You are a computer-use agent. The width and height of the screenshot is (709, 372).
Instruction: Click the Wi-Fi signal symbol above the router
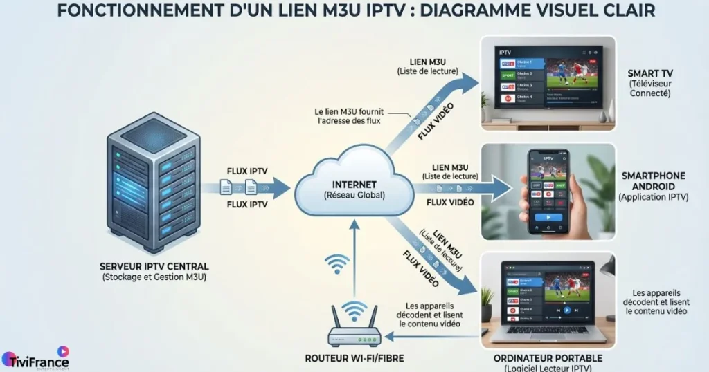337,265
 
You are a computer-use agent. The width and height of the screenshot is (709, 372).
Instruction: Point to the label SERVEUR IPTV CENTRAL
154,266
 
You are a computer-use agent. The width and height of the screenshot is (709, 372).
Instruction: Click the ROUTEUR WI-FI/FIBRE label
354,358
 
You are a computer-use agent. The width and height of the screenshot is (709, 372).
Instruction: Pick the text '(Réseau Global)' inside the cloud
354,195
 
